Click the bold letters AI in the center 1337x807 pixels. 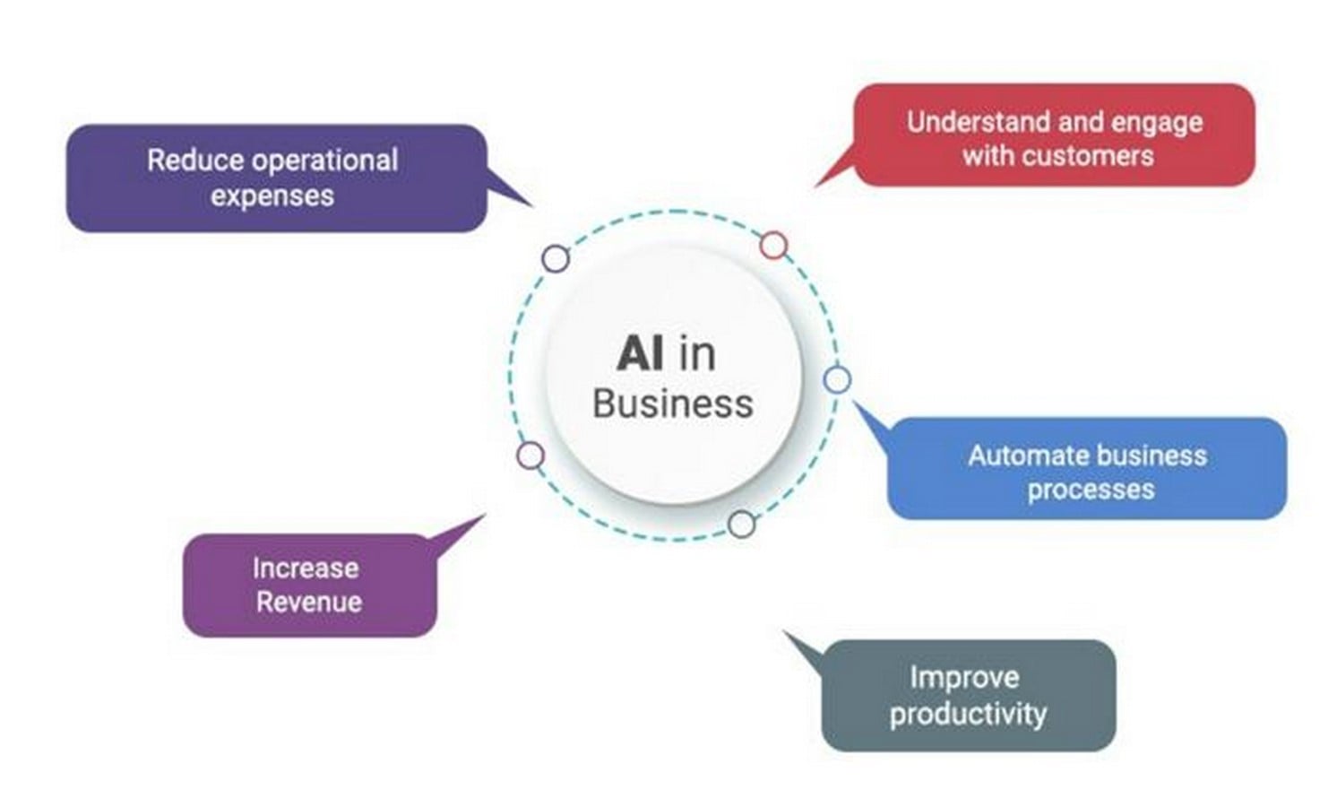coord(639,353)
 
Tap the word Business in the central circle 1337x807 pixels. coord(673,403)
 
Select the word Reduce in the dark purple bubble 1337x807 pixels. coord(194,161)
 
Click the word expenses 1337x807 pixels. coord(272,196)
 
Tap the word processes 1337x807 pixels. coord(1091,490)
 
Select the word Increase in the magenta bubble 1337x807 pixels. coord(306,568)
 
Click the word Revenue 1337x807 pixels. coord(309,602)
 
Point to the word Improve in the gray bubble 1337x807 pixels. coord(964,677)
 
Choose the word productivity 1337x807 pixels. coord(968,714)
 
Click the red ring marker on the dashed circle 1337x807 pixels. coord(773,246)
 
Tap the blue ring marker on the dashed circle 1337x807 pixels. coord(837,380)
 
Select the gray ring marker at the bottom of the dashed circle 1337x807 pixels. coord(741,525)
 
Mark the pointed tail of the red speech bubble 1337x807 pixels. coord(815,187)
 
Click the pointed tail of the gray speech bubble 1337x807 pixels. coord(784,631)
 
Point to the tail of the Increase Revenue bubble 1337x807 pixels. coord(486,515)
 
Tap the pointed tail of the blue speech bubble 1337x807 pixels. coord(854,402)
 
